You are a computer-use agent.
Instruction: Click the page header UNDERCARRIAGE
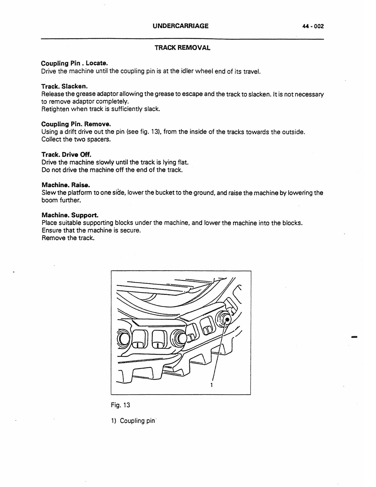pos(181,26)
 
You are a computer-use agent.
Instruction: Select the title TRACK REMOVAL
pos(182,48)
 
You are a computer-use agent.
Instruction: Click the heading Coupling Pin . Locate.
pos(74,63)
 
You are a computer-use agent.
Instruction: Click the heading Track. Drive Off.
pos(66,154)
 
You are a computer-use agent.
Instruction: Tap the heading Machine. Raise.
pos(66,185)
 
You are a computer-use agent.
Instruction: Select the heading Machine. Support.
pos(70,215)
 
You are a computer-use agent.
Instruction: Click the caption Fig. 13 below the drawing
pos(120,405)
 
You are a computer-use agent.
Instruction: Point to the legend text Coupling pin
pos(137,421)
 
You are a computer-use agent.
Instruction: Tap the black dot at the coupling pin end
pos(227,320)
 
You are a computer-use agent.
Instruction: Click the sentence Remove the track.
pos(68,238)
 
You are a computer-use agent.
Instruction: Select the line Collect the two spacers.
pos(76,139)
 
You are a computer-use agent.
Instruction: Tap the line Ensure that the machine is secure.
pos(91,230)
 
